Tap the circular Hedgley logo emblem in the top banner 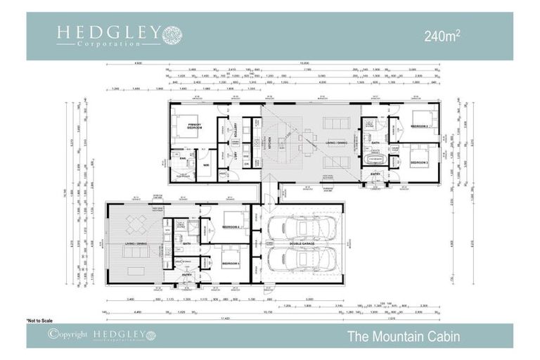tap(172, 34)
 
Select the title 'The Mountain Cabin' tap(403, 336)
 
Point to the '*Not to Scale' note tap(40, 320)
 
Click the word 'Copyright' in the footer tap(73, 335)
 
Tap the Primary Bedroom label tap(195, 126)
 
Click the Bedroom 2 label tap(420, 126)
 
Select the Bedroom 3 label tap(420, 162)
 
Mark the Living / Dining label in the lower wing tap(136, 243)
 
